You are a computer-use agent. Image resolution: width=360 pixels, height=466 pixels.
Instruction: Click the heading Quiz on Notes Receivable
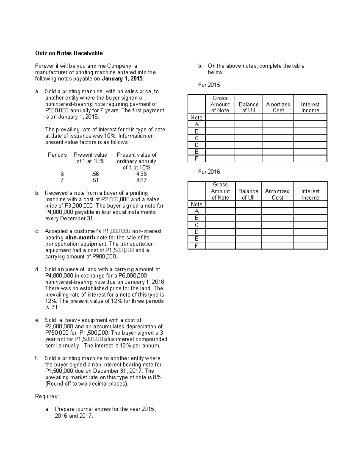(69, 53)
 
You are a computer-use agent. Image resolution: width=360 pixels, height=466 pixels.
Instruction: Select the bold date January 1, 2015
(122, 79)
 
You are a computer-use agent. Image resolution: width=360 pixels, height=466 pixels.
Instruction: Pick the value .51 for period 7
(95, 180)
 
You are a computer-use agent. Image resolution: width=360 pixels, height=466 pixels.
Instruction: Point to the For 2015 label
(209, 85)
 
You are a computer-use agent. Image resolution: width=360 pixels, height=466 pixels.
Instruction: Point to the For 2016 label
(209, 172)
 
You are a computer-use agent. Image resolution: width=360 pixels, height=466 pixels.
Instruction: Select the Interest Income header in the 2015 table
(310, 107)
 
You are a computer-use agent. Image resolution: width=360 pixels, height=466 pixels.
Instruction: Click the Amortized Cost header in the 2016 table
(277, 194)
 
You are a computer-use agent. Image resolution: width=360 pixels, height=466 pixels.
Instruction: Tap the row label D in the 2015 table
(196, 145)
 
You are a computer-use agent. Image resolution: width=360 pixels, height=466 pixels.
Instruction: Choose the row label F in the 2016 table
(196, 246)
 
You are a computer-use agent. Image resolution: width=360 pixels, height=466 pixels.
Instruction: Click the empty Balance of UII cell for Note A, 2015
(248, 124)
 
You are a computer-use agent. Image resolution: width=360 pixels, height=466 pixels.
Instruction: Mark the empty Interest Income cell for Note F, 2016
(310, 246)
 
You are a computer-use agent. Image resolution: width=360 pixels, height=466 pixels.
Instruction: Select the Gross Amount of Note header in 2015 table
(220, 104)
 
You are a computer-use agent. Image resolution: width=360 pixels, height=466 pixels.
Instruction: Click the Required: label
(47, 396)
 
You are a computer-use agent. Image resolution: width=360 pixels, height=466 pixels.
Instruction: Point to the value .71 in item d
(55, 307)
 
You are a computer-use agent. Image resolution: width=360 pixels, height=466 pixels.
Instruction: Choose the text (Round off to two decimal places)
(86, 383)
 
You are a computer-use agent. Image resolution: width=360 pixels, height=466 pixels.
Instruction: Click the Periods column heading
(57, 155)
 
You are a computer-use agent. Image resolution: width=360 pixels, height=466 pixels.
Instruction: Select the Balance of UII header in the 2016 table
(248, 194)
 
